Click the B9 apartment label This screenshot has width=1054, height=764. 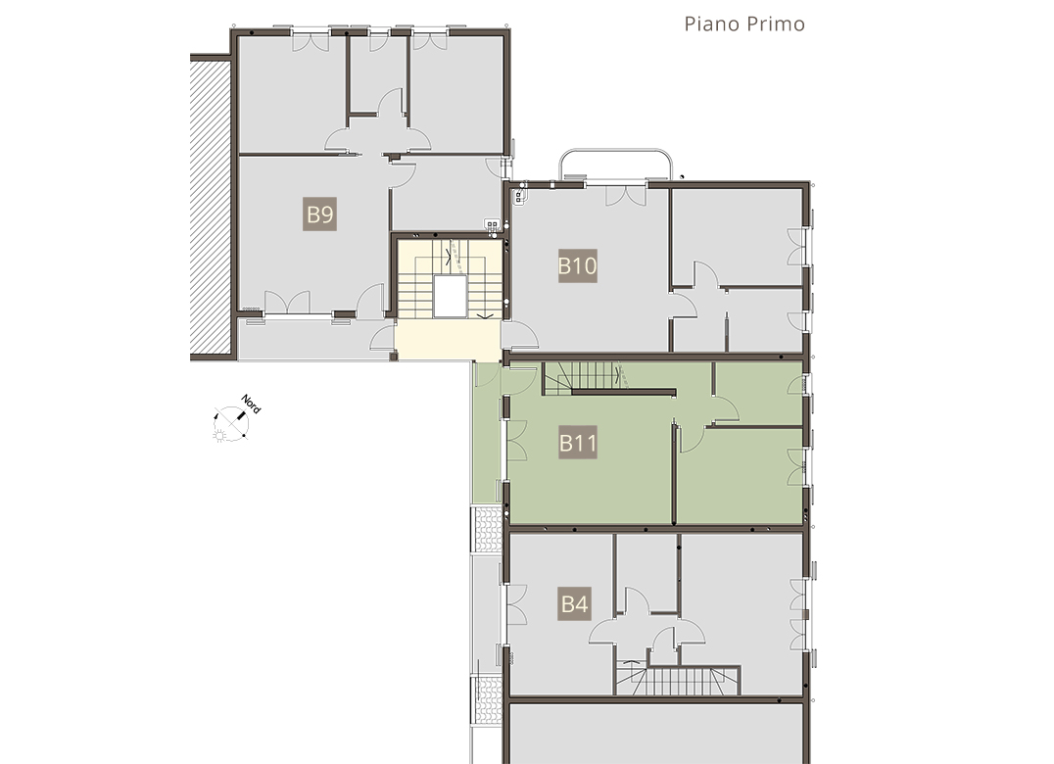click(x=320, y=215)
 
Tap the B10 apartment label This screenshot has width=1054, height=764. click(x=577, y=265)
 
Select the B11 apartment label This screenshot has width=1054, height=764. click(x=578, y=443)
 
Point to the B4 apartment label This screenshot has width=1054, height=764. click(x=575, y=603)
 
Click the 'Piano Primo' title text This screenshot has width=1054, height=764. click(x=744, y=24)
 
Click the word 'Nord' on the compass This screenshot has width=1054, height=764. click(x=251, y=404)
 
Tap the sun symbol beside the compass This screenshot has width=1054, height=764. click(x=219, y=436)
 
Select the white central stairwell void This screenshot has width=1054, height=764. click(x=450, y=296)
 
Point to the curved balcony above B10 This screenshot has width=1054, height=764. click(x=616, y=151)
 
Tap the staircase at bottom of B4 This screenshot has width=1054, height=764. click(x=678, y=680)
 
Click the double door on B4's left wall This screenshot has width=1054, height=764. click(x=516, y=604)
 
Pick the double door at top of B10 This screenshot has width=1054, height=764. click(x=626, y=194)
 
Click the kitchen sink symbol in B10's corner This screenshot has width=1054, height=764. click(x=519, y=196)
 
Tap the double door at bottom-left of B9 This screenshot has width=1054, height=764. click(x=287, y=303)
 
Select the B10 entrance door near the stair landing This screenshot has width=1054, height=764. click(x=520, y=335)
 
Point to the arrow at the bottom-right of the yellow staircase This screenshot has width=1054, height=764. click(x=485, y=315)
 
